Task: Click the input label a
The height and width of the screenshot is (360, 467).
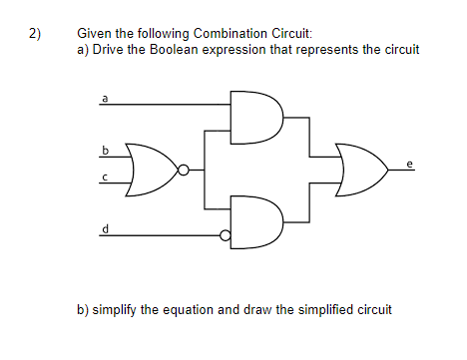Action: point(104,98)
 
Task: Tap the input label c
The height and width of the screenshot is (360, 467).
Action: point(104,178)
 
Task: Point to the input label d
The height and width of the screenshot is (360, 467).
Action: point(104,228)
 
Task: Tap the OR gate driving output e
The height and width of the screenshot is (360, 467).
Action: point(360,170)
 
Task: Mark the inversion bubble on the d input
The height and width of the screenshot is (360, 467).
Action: point(226,236)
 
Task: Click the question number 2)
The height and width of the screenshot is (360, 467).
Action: point(35,34)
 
